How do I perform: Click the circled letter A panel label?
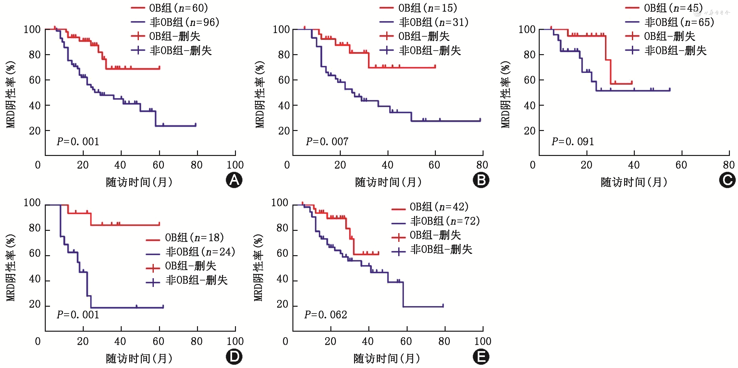coord(234,180)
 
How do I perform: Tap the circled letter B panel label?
coord(481,180)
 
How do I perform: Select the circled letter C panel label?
coord(727,180)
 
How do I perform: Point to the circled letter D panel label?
coord(234,357)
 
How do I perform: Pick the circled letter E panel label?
coord(481,357)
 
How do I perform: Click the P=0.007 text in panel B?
coord(327,142)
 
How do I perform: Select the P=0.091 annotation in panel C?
coord(572,142)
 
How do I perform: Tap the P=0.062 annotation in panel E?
coord(326,315)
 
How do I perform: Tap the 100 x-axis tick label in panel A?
coord(235,165)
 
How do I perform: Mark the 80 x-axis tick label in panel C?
coord(729,165)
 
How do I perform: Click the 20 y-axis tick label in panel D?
coord(35,304)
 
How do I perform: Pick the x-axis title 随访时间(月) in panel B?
coord(388,182)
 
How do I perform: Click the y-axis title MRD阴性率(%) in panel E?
coord(258,267)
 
